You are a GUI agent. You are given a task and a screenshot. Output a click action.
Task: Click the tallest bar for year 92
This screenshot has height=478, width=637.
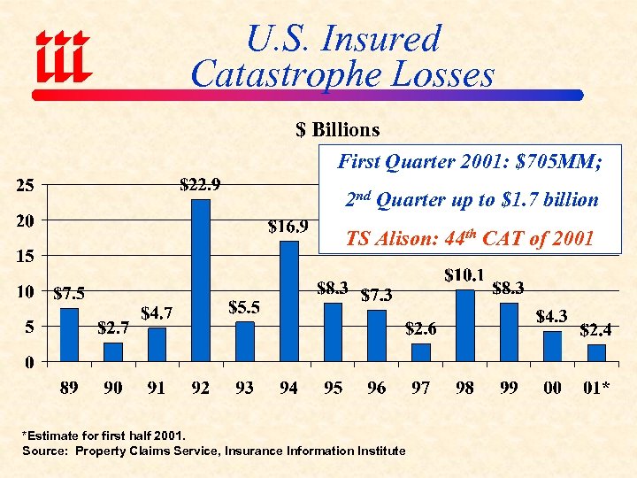tap(201, 280)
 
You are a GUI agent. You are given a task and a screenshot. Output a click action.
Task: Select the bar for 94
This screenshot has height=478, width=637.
tap(289, 301)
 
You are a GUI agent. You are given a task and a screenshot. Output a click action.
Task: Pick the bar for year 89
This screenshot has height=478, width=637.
tap(69, 335)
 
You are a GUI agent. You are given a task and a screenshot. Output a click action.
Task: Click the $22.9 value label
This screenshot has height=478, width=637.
tap(201, 185)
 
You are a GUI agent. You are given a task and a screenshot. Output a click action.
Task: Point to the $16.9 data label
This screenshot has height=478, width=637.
tap(288, 227)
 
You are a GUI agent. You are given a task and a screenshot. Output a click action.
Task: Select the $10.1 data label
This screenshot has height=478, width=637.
tap(464, 275)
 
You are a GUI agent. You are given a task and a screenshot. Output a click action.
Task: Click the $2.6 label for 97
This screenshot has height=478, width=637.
tap(420, 328)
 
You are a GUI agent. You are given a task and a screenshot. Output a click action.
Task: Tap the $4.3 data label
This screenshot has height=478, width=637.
tap(552, 316)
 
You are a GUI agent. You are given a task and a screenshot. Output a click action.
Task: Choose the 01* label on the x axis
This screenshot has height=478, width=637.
tap(595, 388)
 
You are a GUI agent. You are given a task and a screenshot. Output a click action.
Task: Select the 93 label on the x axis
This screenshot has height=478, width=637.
tap(245, 388)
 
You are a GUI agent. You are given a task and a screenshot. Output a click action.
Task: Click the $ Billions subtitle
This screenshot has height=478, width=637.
tap(337, 130)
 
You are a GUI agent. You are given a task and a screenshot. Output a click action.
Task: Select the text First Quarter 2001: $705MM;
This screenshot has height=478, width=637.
tap(470, 163)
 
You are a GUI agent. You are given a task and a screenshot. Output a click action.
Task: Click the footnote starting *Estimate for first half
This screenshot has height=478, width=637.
tap(104, 436)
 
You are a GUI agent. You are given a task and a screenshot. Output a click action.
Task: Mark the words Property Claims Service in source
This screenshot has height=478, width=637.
tap(147, 451)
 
